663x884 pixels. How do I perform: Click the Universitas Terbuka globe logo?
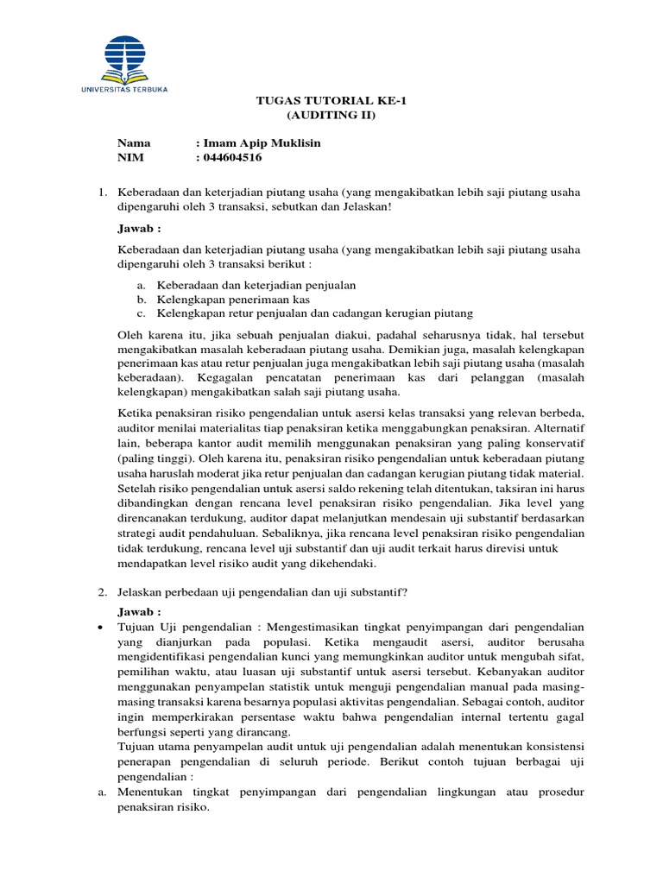(x=126, y=53)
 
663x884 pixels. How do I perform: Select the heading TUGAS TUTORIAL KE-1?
(x=331, y=101)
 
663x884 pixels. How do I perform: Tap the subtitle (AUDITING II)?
(x=331, y=116)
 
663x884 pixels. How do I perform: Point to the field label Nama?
(x=134, y=142)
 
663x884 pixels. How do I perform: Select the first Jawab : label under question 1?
(x=139, y=229)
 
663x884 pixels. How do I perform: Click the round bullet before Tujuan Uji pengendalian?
(x=102, y=626)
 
